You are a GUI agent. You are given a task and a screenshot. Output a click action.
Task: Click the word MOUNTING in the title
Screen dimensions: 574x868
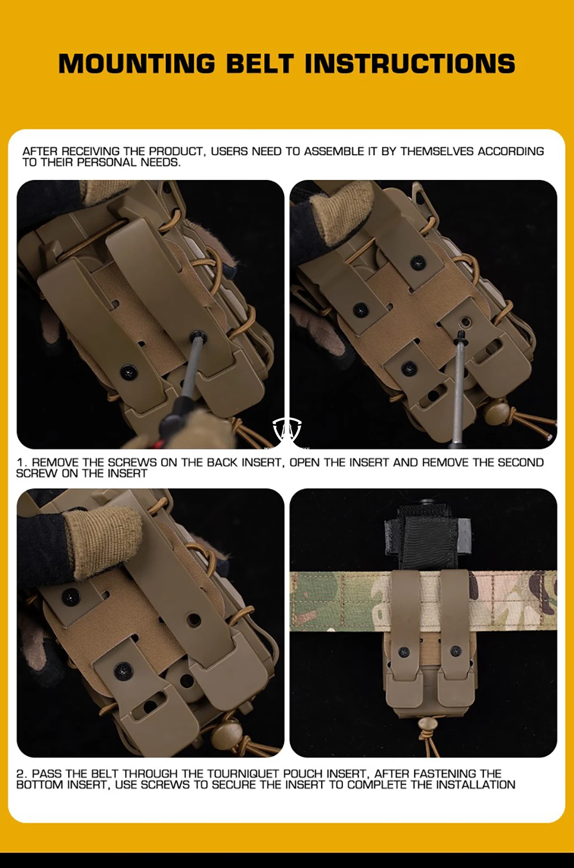tap(136, 63)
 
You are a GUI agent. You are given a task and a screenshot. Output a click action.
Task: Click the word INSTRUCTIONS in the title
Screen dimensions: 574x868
tap(411, 63)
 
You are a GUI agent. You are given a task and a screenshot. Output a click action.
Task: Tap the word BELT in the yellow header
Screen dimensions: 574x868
tap(260, 63)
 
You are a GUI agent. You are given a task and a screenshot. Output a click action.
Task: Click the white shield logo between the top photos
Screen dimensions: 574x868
tap(287, 431)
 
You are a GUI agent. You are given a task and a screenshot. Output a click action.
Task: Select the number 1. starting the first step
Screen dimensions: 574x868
tap(22, 462)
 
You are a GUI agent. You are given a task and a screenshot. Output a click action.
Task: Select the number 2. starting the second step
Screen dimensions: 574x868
tap(22, 773)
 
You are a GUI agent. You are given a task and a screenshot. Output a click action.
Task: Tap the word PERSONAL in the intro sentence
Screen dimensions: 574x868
tap(106, 162)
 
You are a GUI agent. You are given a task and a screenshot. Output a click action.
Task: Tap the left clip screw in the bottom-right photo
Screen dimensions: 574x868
tap(404, 652)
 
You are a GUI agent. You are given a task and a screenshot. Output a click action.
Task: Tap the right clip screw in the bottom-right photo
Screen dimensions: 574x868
tap(455, 651)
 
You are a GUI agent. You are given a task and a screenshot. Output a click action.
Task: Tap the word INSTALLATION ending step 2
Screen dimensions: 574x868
tap(475, 785)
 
